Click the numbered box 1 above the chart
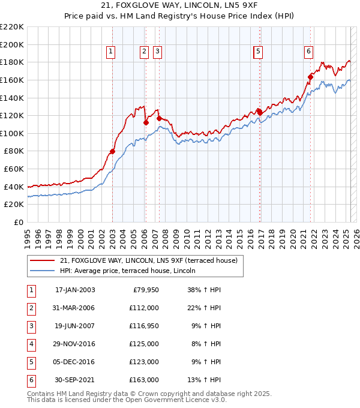point(112,52)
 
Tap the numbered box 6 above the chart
point(308,52)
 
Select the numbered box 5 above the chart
point(258,52)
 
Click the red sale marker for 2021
point(311,76)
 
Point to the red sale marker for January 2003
point(112,151)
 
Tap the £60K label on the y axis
point(14,169)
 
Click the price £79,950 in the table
point(144,290)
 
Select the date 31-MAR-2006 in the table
point(75,308)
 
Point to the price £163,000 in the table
point(144,380)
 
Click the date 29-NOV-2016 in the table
point(75,344)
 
